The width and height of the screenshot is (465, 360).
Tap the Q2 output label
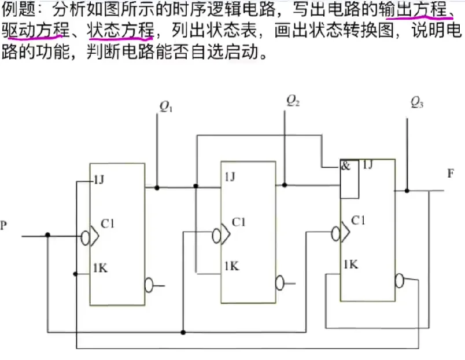point(293,100)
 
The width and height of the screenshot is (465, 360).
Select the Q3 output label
point(416,103)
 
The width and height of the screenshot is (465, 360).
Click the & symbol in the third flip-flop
point(346,166)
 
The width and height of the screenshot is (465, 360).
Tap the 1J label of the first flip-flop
point(99,179)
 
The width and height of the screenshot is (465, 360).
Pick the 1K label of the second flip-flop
point(232,266)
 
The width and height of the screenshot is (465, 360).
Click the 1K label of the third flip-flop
point(350,265)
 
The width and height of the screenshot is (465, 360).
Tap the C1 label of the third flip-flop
point(359,220)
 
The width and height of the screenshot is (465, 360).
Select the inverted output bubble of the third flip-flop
point(399,281)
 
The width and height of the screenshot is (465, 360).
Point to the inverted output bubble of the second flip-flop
point(280,283)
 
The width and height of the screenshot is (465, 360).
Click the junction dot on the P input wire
point(48,236)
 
